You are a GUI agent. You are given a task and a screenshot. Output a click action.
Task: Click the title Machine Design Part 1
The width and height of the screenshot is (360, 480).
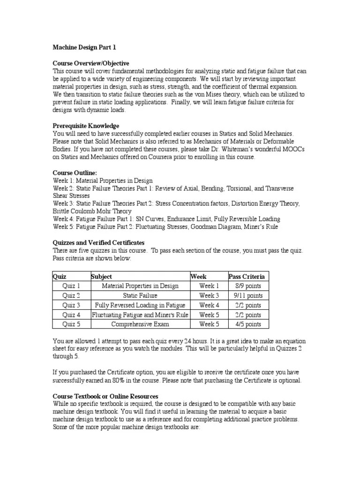[84, 47]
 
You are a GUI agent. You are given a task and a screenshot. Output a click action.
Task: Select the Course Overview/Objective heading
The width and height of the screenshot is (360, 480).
[91, 63]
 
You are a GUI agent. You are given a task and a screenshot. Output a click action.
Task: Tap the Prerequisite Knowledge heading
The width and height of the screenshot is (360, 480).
[86, 126]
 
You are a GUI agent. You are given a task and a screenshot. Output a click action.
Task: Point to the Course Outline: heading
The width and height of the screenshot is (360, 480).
[75, 173]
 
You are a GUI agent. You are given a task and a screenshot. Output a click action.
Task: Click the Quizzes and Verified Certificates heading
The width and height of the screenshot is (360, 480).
[98, 243]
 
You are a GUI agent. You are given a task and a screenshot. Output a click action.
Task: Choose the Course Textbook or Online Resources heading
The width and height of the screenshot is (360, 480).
[105, 396]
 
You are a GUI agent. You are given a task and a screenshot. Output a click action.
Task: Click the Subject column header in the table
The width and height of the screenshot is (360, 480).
[102, 277]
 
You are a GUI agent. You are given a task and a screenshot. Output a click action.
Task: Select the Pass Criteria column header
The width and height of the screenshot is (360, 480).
[247, 277]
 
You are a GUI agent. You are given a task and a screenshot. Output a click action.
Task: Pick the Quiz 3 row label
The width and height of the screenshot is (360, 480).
[71, 305]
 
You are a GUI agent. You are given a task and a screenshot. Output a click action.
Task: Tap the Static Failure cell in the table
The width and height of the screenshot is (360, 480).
[140, 296]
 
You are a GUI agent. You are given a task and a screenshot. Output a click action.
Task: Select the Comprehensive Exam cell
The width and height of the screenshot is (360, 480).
[140, 324]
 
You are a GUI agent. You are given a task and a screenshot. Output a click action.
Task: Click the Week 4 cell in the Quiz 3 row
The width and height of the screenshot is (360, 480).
[209, 305]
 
